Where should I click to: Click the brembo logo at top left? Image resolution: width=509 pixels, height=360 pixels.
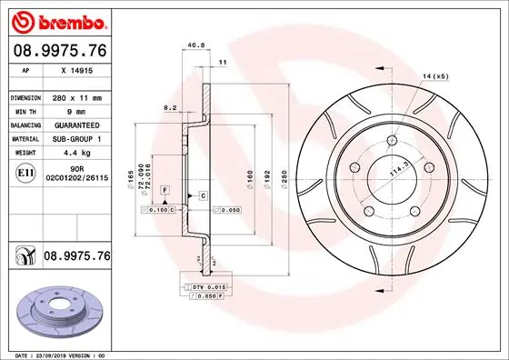pos(56,20)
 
